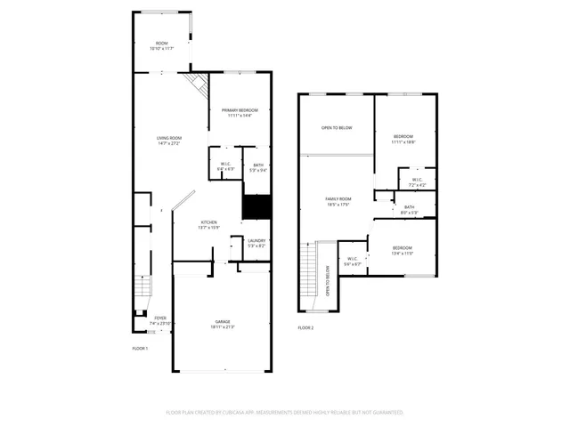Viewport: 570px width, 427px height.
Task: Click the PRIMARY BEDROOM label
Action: click(x=240, y=109)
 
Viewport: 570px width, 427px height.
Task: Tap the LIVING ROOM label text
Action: click(x=169, y=138)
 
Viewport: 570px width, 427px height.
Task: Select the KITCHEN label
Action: click(x=208, y=222)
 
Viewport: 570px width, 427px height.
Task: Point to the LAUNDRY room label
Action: click(x=256, y=240)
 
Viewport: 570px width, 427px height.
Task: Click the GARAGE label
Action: click(x=222, y=321)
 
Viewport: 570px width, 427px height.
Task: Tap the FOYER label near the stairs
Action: click(x=159, y=318)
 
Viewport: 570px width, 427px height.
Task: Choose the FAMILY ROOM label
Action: click(x=338, y=199)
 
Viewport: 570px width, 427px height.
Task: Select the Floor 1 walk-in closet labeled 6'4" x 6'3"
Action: click(x=225, y=165)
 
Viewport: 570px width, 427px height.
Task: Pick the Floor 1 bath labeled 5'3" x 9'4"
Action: click(x=257, y=165)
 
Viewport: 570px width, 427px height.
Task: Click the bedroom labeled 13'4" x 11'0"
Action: click(x=403, y=248)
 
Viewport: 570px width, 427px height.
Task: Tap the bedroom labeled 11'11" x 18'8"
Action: click(x=404, y=136)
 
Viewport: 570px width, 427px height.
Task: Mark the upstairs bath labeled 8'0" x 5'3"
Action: click(x=409, y=207)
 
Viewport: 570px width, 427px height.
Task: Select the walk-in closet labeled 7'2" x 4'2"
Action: click(x=417, y=181)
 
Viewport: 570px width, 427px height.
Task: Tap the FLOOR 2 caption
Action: click(x=305, y=327)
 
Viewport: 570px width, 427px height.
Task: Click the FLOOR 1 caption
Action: click(x=140, y=348)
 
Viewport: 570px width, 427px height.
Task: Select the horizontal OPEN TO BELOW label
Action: click(x=337, y=128)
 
